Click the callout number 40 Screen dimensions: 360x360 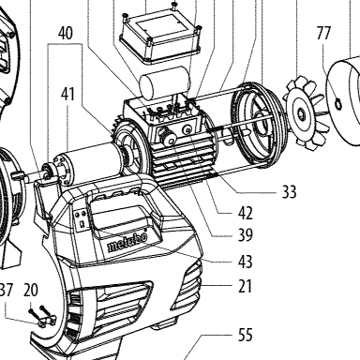[66, 33]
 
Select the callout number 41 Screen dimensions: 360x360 [67, 94]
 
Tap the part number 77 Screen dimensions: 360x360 [323, 33]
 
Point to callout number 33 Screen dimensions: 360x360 [289, 191]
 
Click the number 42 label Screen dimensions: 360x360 [245, 213]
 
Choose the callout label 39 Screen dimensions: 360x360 [245, 235]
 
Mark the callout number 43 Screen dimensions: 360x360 [245, 262]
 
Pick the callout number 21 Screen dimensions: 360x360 [245, 286]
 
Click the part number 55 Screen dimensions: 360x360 [245, 335]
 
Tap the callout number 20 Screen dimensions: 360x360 [31, 290]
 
